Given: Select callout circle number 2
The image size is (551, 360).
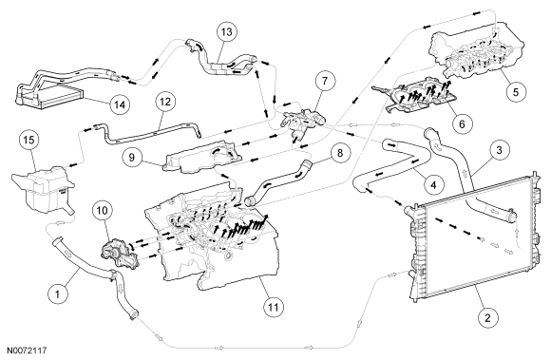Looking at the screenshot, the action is (487, 318).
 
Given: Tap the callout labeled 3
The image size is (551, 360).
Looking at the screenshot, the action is (499, 150).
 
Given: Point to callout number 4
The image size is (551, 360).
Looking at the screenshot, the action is (433, 184).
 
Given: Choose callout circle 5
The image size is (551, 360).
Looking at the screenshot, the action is (516, 92).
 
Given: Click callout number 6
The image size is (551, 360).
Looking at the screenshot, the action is (462, 123).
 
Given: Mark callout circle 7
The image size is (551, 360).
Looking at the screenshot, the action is (325, 81).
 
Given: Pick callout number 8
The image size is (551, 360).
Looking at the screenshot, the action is (339, 153).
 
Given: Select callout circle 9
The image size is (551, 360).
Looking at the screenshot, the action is (132, 157).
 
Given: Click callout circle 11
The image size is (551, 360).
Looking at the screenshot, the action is (273, 307).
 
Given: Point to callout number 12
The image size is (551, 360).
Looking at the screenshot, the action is (165, 102).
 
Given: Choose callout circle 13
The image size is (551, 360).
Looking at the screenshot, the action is (227, 31).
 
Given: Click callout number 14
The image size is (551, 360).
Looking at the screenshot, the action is (120, 104).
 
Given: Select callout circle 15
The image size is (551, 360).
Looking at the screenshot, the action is (29, 141).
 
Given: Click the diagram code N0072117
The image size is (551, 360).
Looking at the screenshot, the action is (27, 351).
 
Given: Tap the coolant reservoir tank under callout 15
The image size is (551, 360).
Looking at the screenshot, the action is (42, 190).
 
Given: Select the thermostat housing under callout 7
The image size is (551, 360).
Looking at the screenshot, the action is (300, 123).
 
